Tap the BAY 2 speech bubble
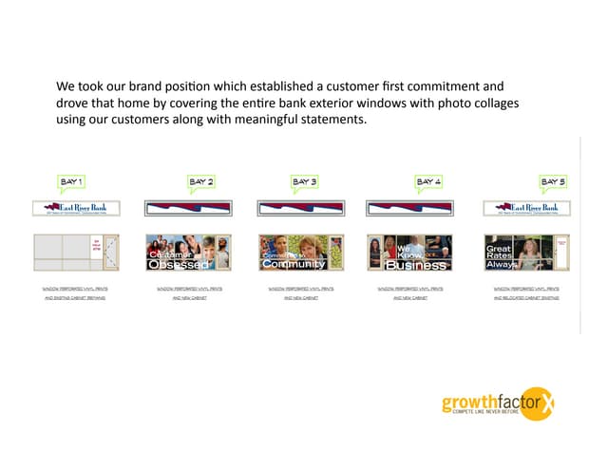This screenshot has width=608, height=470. click(x=200, y=180)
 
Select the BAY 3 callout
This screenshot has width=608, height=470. click(x=304, y=180)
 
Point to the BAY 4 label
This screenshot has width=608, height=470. click(x=428, y=180)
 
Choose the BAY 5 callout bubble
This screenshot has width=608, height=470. click(x=553, y=180)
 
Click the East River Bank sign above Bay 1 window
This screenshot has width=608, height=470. click(x=75, y=209)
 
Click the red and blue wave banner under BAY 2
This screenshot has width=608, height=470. click(x=187, y=208)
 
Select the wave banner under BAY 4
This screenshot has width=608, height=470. click(x=408, y=208)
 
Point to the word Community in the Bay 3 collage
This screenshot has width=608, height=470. click(x=294, y=265)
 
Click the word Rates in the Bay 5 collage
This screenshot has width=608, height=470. click(x=499, y=257)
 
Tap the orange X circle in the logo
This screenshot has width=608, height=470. click(x=543, y=404)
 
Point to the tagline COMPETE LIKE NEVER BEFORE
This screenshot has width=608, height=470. click(x=493, y=415)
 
